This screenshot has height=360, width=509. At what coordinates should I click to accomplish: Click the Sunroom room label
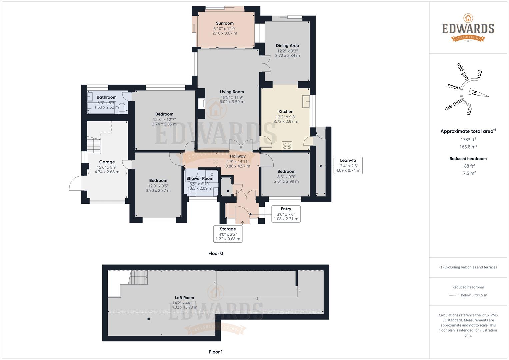point(225,23)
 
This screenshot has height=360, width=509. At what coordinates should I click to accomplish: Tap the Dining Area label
point(287,46)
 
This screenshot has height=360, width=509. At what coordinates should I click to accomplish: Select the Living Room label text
point(232,92)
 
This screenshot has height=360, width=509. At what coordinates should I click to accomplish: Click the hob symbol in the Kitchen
point(287,145)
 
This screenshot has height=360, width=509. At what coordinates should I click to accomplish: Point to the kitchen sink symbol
point(306,102)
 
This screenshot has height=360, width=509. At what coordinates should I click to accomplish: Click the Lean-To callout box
point(348,165)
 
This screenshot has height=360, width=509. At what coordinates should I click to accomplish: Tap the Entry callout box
point(286,214)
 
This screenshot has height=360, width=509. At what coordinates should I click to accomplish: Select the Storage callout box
point(228,234)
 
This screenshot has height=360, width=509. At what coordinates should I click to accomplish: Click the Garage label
point(107,162)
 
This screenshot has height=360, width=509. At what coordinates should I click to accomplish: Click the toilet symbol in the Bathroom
point(122,108)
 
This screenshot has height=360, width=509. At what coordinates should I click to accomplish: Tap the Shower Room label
point(200,179)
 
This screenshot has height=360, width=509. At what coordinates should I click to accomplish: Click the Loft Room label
point(184,298)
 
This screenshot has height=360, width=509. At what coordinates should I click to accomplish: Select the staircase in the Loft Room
point(138,278)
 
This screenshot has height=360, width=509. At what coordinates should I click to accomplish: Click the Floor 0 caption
point(216,253)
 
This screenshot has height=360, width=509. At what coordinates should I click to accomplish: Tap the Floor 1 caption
point(216,352)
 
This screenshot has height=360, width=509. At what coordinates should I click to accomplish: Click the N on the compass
point(474,93)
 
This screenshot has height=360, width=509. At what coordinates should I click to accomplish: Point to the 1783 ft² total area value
point(468,140)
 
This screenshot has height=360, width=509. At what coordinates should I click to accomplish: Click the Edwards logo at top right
point(468,28)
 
